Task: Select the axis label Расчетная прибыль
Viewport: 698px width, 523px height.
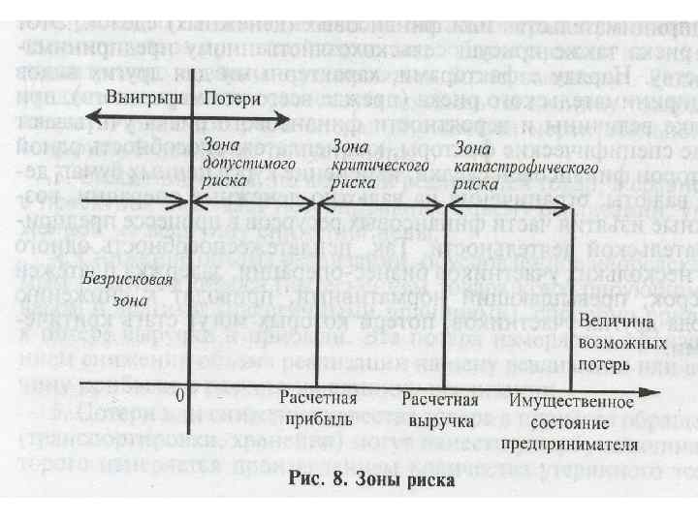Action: pos(318,410)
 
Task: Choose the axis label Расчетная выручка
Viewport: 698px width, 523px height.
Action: pos(439,410)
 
